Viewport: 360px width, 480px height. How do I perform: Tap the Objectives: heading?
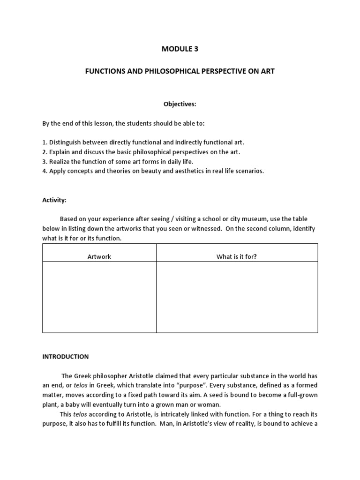tap(180, 104)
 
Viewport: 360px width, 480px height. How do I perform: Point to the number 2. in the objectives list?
tap(45, 152)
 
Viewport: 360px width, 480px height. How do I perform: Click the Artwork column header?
tap(99, 256)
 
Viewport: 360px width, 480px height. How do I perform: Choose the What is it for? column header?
tap(237, 256)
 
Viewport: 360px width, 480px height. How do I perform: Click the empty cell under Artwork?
tap(99, 297)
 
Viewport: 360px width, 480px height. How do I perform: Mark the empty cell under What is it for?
tap(237, 297)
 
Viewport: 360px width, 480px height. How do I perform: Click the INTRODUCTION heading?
tap(66, 357)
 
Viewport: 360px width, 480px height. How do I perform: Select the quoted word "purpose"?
tap(189, 386)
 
